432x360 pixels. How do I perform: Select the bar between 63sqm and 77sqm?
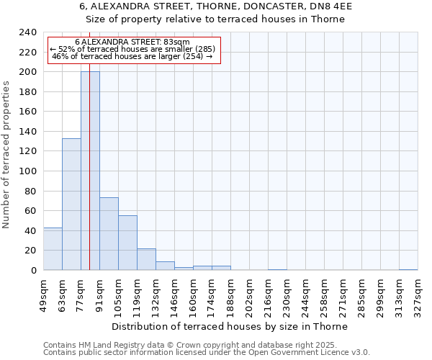click(71, 204)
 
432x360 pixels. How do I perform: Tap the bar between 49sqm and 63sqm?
click(53, 249)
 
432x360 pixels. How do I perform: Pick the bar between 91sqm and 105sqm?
click(109, 234)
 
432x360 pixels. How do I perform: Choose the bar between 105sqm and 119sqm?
click(127, 243)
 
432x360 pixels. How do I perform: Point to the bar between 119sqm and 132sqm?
click(146, 259)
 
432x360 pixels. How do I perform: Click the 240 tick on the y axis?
click(28, 32)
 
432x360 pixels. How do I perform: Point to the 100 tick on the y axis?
click(28, 171)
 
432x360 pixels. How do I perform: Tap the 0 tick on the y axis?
click(34, 271)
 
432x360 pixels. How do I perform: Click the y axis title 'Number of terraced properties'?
click(6, 154)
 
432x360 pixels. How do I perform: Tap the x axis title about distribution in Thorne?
click(230, 326)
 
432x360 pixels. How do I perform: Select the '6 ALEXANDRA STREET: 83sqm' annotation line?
click(132, 42)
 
